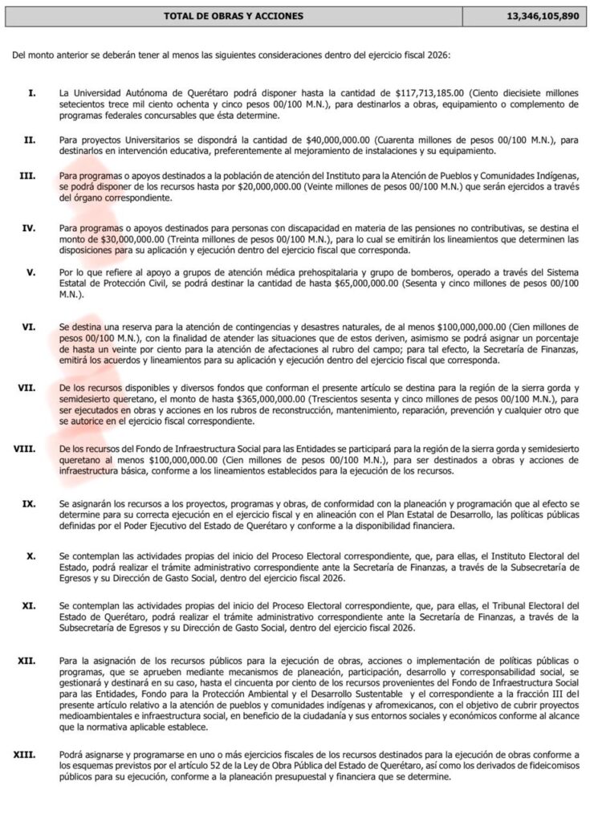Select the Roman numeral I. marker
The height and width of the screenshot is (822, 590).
pyautogui.click(x=31, y=94)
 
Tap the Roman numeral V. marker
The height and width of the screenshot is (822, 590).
pyautogui.click(x=31, y=272)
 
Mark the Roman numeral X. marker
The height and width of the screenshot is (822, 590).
pyautogui.click(x=31, y=555)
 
